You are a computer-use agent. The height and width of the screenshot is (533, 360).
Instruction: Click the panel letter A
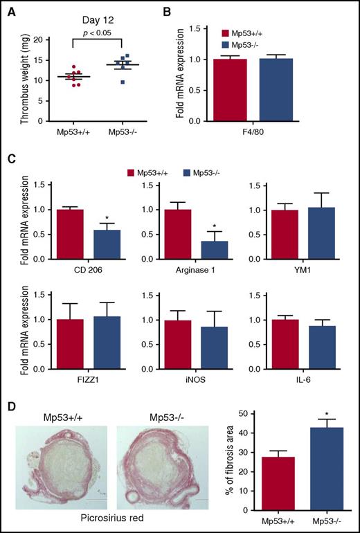coord(7,8)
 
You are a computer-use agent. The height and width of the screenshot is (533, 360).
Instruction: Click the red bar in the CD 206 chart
coord(66,234)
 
